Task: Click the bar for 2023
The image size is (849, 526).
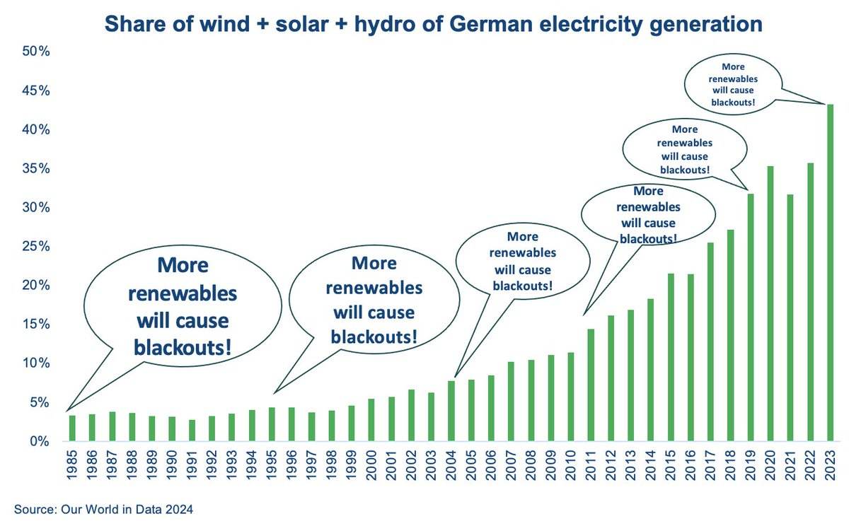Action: [830, 273]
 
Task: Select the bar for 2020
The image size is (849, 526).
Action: [770, 304]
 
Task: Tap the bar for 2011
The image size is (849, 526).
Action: [591, 385]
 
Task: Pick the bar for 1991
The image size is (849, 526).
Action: [192, 431]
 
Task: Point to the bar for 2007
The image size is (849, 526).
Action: [511, 402]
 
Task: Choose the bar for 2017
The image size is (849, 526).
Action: [710, 342]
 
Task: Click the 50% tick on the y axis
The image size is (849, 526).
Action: [36, 51]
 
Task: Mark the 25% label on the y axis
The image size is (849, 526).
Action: [36, 247]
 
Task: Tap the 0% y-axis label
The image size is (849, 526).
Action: [40, 442]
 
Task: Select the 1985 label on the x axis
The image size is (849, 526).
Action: [71, 465]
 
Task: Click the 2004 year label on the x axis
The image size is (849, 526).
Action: [451, 465]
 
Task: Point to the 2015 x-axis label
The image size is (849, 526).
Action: [671, 465]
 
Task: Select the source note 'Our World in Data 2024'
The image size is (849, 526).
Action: [127, 510]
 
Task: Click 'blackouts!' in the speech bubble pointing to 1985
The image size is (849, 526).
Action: [183, 348]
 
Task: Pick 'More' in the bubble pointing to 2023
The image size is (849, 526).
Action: [733, 67]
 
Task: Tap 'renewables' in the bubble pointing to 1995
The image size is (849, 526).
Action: [374, 288]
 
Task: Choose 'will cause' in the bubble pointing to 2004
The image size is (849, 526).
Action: [523, 270]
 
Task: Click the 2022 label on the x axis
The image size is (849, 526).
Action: [810, 465]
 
